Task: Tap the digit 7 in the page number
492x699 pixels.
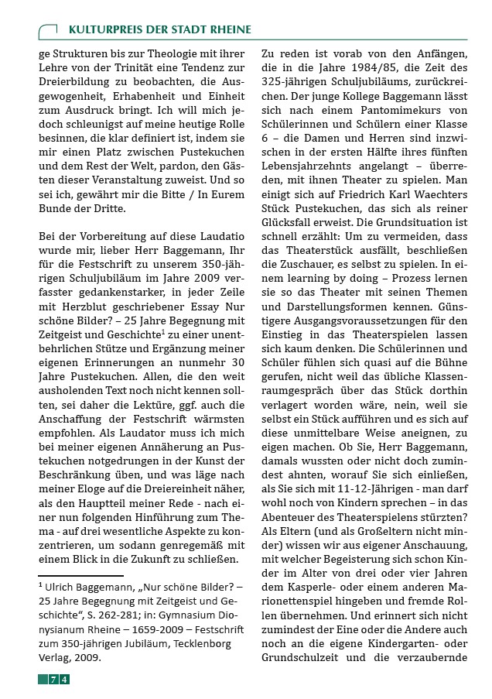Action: pyautogui.click(x=53, y=680)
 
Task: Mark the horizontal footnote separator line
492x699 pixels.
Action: pyautogui.click(x=80, y=575)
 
